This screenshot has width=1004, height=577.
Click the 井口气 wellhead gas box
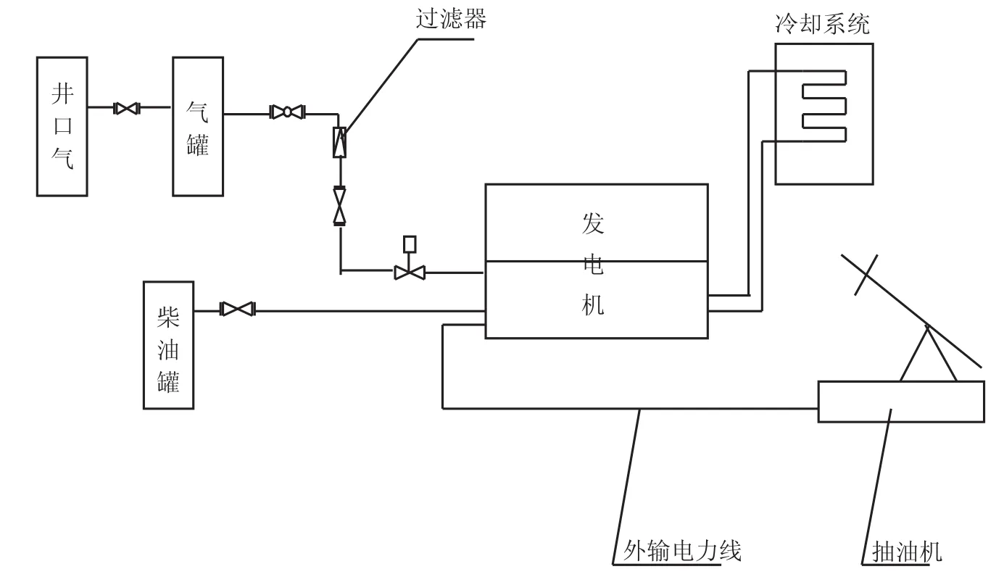[62, 127]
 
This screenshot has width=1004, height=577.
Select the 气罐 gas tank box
[197, 127]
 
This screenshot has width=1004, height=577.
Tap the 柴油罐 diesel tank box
[169, 345]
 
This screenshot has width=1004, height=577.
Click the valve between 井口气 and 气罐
[127, 109]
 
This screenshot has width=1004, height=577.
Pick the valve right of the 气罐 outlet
[287, 112]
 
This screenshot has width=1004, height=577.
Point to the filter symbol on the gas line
[339, 142]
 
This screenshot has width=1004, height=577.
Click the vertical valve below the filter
[339, 206]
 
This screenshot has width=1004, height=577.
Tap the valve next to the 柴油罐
[236, 310]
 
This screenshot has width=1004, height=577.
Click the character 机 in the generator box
[593, 307]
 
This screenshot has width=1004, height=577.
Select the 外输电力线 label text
[681, 552]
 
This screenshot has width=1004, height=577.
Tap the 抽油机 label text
[905, 553]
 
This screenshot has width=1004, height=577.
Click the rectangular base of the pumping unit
[901, 401]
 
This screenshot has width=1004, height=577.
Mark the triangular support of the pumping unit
[927, 359]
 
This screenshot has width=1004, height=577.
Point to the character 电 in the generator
[593, 267]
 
